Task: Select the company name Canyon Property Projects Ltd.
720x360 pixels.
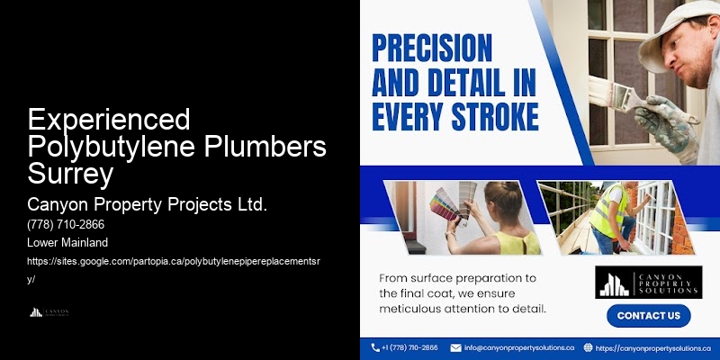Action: tap(148, 205)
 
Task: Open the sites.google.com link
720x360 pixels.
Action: tap(181, 260)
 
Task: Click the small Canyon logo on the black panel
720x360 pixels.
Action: tap(49, 312)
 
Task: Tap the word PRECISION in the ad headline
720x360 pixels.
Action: tap(432, 48)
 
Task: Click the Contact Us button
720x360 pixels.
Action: tap(648, 316)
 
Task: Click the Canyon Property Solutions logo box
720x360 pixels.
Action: tap(648, 282)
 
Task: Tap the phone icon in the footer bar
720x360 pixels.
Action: tap(375, 347)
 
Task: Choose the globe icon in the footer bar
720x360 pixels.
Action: tap(588, 347)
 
